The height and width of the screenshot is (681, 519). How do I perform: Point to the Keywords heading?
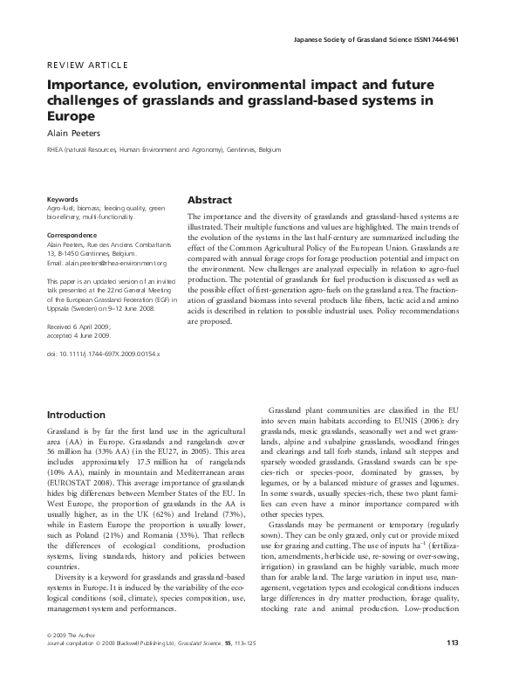click(x=62, y=199)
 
